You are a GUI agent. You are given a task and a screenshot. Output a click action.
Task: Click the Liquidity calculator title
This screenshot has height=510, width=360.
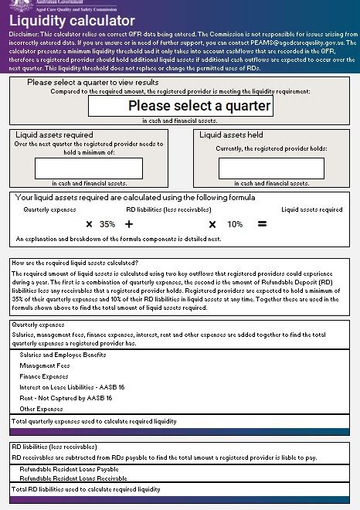[72, 22]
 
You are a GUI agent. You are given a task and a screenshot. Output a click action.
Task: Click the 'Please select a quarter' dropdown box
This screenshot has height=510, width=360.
[181, 106]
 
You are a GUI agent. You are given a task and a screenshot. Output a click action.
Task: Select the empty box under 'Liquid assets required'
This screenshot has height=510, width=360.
[89, 168]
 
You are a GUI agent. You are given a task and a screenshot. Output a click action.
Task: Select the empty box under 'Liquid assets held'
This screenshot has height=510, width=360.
[271, 168]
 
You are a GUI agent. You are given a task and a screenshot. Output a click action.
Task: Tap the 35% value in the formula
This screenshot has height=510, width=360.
[107, 225]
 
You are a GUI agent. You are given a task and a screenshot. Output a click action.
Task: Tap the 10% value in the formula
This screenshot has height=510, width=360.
[234, 225]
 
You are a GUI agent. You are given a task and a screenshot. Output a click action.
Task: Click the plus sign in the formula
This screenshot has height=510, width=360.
[129, 225]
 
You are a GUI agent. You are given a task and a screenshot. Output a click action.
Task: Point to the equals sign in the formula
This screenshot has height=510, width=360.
[262, 225]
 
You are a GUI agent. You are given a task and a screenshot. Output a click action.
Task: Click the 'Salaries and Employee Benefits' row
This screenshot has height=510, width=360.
[63, 355]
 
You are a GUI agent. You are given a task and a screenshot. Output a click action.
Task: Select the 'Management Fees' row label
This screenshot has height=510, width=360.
[45, 365]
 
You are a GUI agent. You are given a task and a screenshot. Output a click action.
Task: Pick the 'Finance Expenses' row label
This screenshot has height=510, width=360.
[44, 376]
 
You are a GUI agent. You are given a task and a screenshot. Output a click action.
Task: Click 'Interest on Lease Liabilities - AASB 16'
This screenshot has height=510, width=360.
[72, 387]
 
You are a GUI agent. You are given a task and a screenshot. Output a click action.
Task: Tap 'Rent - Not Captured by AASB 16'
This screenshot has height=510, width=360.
[66, 398]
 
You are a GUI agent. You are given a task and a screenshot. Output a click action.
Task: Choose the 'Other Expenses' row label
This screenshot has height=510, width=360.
[42, 409]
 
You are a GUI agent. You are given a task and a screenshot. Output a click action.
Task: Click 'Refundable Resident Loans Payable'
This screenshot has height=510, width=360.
[70, 469]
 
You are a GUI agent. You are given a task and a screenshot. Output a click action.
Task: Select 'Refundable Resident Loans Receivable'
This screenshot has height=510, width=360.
[73, 478]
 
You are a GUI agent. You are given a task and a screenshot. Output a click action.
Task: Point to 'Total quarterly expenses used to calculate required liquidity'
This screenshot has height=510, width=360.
[94, 422]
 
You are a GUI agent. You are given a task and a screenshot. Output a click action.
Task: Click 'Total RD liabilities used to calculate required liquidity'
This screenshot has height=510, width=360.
[87, 490]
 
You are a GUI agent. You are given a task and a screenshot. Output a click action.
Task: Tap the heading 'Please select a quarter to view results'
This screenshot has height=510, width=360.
[93, 82]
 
